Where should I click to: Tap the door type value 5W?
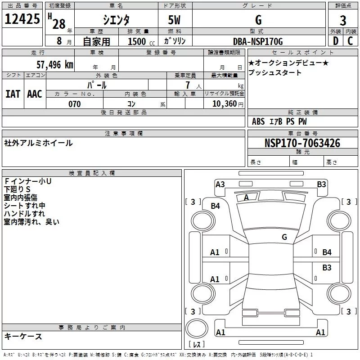tap(175, 20)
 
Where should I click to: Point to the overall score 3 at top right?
tap(343, 21)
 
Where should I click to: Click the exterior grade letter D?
tap(335, 41)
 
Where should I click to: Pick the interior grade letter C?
tap(351, 41)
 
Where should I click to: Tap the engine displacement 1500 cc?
tap(139, 42)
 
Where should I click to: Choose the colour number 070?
tap(74, 104)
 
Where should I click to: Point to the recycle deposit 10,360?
tap(225, 104)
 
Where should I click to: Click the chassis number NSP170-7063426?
tap(302, 144)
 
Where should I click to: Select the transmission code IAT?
tap(13, 94)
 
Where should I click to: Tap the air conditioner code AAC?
tap(35, 94)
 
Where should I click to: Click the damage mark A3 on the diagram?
tap(220, 184)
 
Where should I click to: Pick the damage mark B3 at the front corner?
tap(321, 184)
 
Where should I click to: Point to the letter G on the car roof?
tap(284, 237)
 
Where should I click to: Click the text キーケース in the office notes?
tap(23, 336)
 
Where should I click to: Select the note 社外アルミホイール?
tap(38, 143)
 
